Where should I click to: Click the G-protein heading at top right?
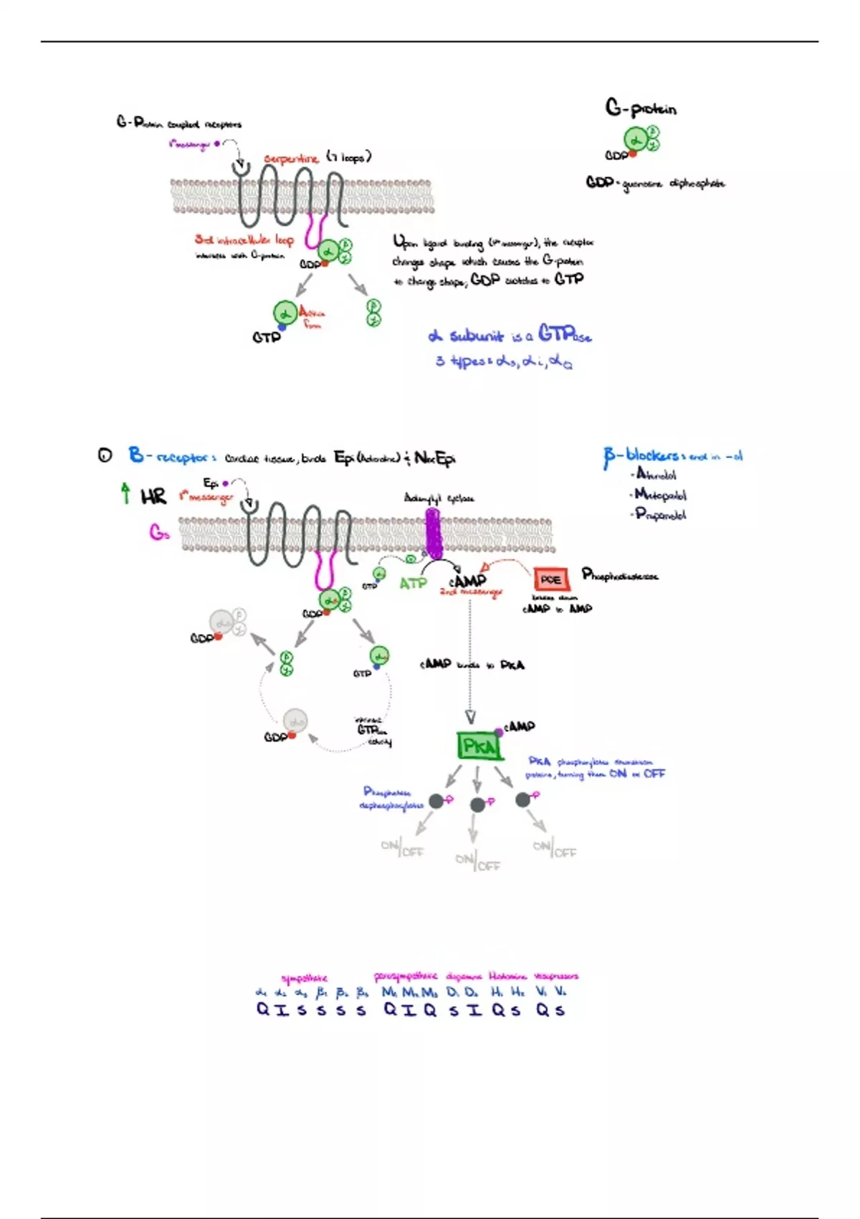(x=641, y=108)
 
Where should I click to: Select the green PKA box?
(x=479, y=746)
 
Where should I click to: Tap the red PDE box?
(x=550, y=579)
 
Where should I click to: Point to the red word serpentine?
(x=290, y=158)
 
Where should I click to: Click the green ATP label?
(x=413, y=584)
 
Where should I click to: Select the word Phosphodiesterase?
(x=620, y=575)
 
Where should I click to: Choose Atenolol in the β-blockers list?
(x=656, y=474)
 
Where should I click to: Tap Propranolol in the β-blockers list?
(x=660, y=514)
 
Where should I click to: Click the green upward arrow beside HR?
(x=126, y=493)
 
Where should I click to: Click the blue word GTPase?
(x=565, y=334)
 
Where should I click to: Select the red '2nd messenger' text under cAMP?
(x=471, y=592)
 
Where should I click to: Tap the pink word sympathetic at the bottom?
(x=304, y=978)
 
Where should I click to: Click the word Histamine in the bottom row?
(x=507, y=976)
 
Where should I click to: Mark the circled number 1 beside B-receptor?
(x=105, y=455)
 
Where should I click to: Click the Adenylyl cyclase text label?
(x=439, y=498)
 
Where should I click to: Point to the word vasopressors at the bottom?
(x=556, y=976)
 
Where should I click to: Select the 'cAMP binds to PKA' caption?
(x=472, y=665)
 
